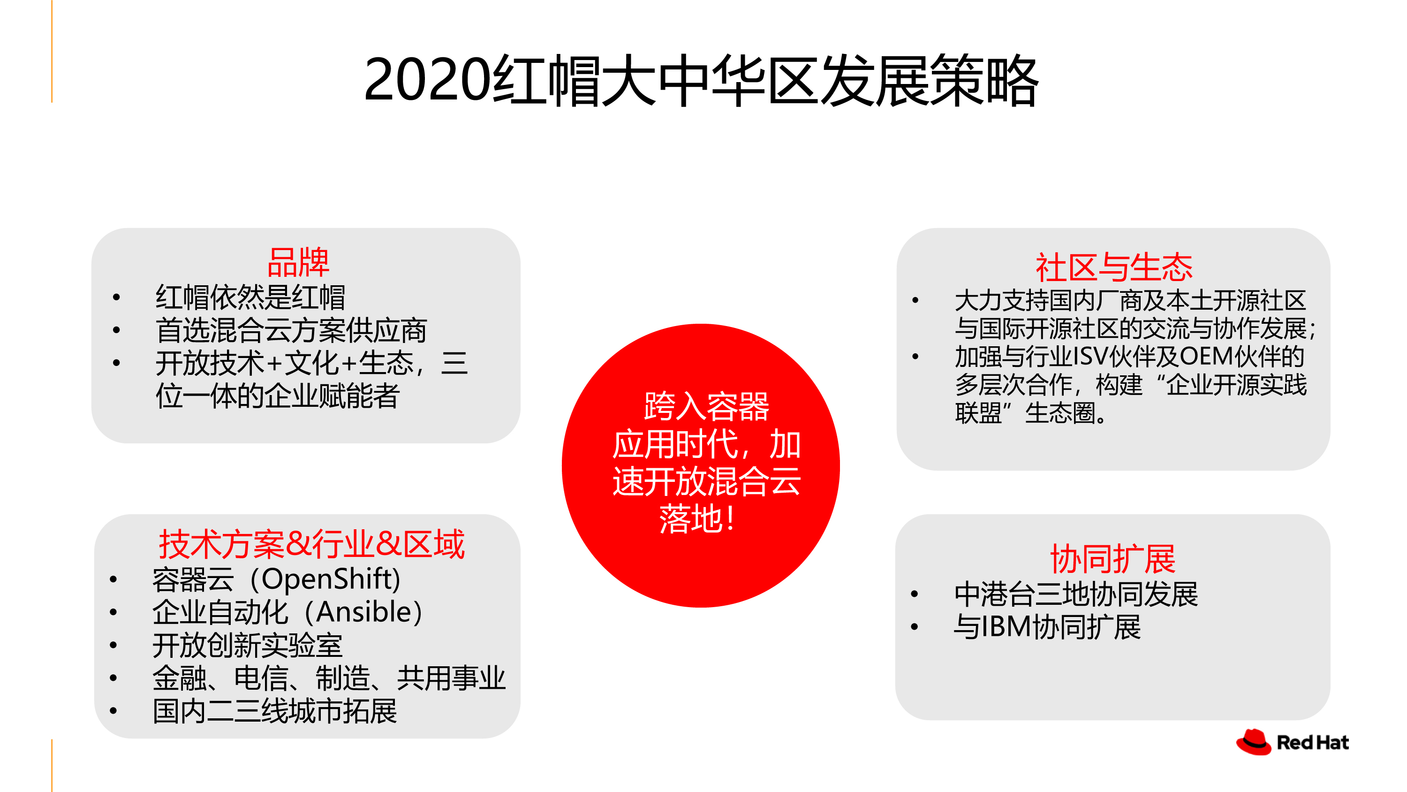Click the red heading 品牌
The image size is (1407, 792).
click(x=298, y=262)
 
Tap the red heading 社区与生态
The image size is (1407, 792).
click(x=1114, y=267)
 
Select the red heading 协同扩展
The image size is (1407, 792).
click(x=1112, y=559)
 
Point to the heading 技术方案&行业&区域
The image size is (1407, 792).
click(x=311, y=544)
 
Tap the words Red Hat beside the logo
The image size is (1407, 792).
click(x=1313, y=743)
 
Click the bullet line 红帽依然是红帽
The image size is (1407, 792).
click(x=250, y=297)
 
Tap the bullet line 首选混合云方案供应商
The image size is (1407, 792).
click(x=291, y=330)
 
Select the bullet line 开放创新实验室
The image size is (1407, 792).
click(x=248, y=646)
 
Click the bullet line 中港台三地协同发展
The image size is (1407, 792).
click(x=1076, y=594)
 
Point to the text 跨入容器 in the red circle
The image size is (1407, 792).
click(x=706, y=406)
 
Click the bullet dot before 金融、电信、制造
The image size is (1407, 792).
click(x=113, y=678)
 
